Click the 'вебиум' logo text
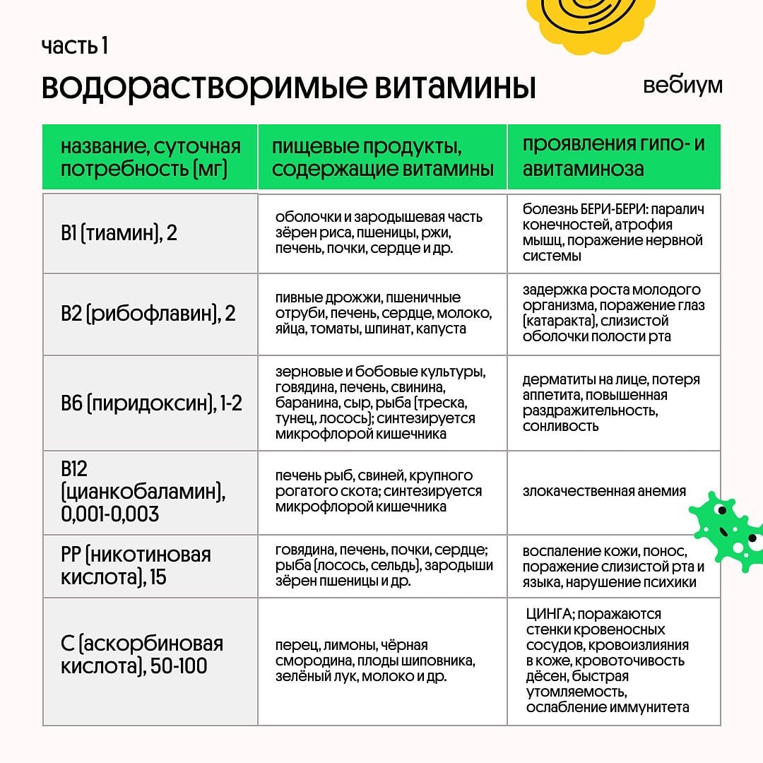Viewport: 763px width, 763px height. [682, 85]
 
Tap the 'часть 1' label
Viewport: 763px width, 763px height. [74, 47]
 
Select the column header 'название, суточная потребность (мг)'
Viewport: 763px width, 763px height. [150, 158]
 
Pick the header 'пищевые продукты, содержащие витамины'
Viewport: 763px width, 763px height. [382, 158]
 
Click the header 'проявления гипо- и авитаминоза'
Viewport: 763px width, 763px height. [613, 157]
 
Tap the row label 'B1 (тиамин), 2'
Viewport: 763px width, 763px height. [119, 233]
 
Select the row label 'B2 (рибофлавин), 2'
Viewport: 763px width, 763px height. [148, 314]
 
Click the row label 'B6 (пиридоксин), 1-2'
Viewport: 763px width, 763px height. [151, 403]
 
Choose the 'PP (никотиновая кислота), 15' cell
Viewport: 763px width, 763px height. [136, 565]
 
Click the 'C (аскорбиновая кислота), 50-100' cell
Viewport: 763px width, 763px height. [141, 654]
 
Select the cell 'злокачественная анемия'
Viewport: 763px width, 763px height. [604, 491]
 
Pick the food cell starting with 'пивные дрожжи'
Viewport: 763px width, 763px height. [382, 313]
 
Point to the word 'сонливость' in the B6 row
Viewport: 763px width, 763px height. [560, 426]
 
